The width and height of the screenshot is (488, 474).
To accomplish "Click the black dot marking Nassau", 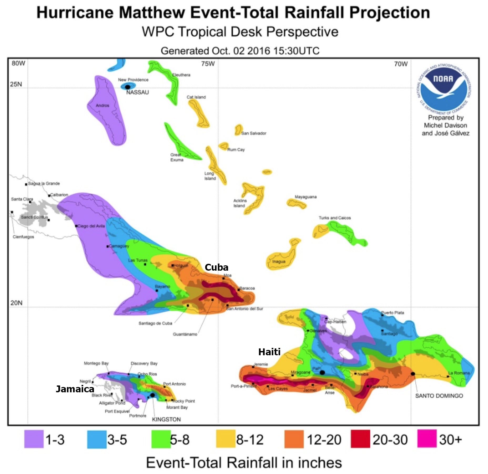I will click(128, 87).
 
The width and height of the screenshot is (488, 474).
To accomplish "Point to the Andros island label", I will click(102, 105).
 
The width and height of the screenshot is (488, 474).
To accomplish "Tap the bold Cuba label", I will click(216, 267).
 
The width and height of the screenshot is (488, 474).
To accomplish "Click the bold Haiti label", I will click(269, 352).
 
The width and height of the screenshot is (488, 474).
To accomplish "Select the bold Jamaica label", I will click(75, 389).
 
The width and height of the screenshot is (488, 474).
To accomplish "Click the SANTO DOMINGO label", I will click(439, 396).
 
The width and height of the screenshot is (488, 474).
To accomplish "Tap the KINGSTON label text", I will click(166, 419).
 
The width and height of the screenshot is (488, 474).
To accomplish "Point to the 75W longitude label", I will click(208, 64).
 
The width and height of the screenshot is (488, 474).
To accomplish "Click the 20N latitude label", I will click(16, 303).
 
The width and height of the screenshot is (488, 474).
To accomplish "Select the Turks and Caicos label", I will click(334, 218).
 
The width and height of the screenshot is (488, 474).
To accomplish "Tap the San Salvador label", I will click(254, 133).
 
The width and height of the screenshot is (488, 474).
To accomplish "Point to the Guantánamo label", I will click(185, 334).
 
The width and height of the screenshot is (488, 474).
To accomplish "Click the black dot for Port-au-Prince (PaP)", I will click(322, 372).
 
